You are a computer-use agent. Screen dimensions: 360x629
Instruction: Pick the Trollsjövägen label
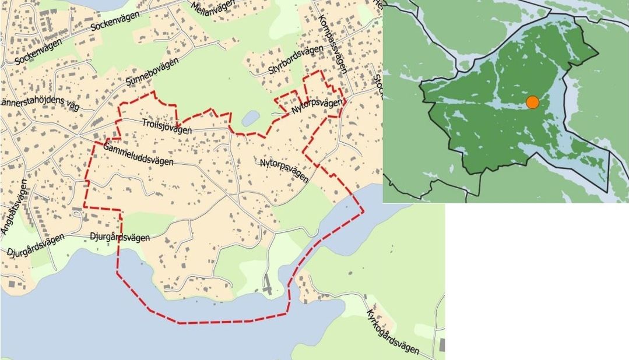point(167,126)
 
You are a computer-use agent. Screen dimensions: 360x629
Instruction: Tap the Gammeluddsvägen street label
point(138,154)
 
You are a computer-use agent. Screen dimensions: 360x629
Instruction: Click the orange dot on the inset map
point(532,103)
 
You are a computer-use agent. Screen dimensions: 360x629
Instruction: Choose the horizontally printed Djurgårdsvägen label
point(120,237)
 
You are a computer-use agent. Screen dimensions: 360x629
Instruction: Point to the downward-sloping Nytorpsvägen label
point(284,169)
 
